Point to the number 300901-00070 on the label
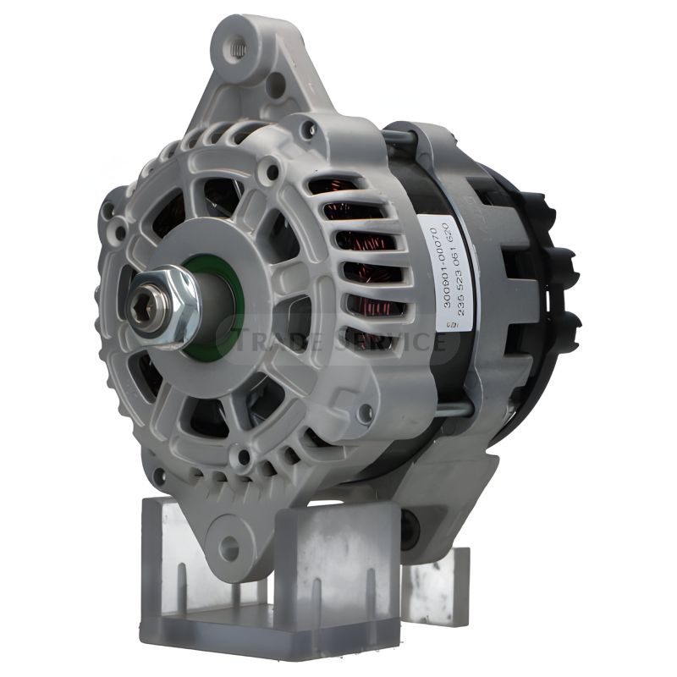pos(435,267)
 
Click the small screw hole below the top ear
pos(275,84)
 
